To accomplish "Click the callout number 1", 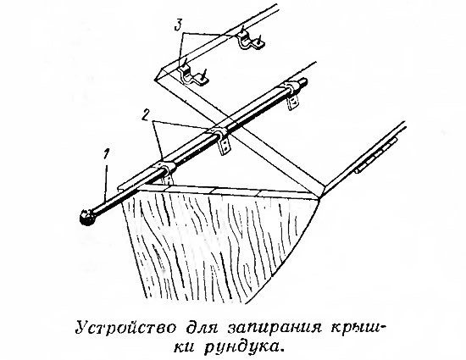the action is pyautogui.click(x=107, y=156).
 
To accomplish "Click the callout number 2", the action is pyautogui.click(x=145, y=114).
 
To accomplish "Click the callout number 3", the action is pyautogui.click(x=178, y=25).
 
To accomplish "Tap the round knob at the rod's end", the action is pyautogui.click(x=88, y=218).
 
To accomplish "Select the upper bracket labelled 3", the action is pyautogui.click(x=250, y=41).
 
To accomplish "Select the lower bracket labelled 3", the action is pyautogui.click(x=193, y=75).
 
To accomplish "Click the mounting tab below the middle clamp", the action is pyautogui.click(x=225, y=147).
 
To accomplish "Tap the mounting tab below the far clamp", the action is pyautogui.click(x=293, y=102).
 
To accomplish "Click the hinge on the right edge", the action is pyautogui.click(x=376, y=155).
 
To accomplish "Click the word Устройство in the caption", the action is pyautogui.click(x=126, y=328).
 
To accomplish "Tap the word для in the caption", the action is pyautogui.click(x=202, y=329).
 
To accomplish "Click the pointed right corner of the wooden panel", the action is pyautogui.click(x=319, y=199).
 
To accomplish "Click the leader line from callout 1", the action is pyautogui.click(x=106, y=182).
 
